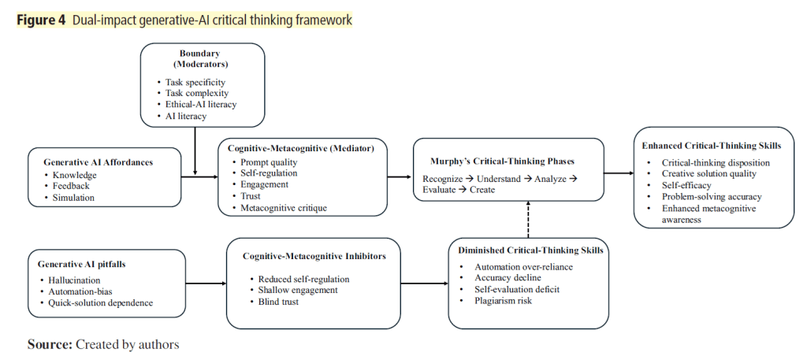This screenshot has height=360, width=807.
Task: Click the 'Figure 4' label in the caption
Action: click(40, 20)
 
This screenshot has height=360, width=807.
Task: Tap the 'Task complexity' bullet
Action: click(195, 93)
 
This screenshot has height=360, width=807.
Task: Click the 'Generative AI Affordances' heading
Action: click(95, 161)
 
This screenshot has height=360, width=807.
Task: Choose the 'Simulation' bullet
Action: click(73, 198)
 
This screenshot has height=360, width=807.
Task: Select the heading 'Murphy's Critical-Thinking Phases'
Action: click(508, 161)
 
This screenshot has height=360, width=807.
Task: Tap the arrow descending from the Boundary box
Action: click(193, 150)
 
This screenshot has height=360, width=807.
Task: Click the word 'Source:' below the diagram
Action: click(49, 343)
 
